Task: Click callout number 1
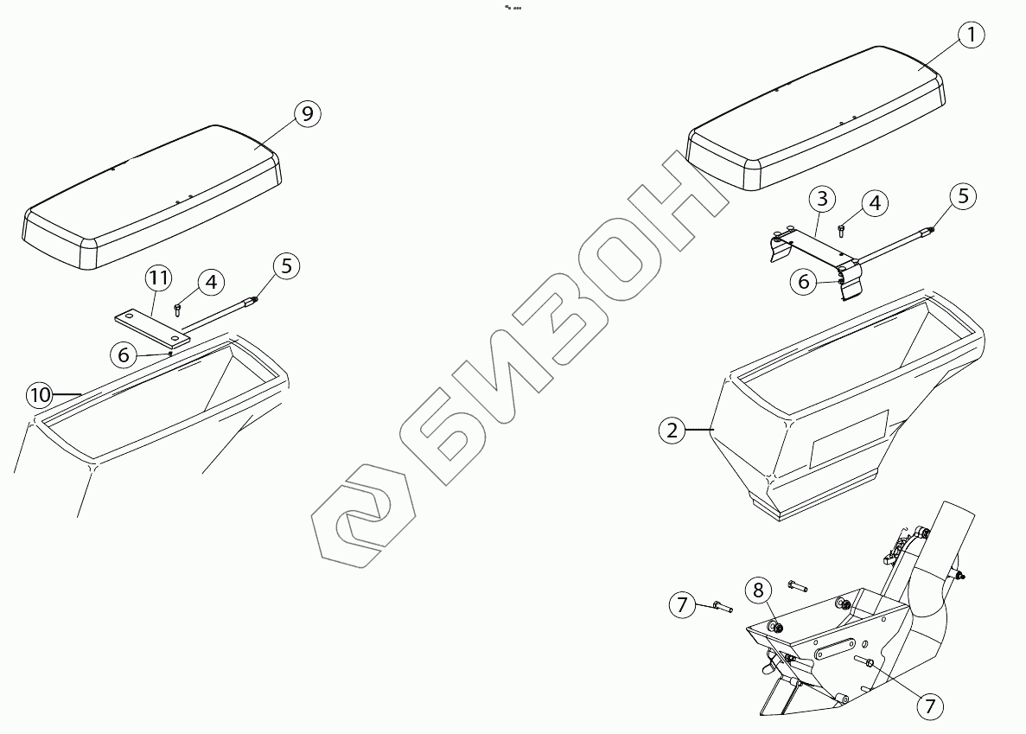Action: [971, 35]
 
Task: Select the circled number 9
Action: [307, 113]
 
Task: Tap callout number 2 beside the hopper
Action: [672, 430]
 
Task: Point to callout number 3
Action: [821, 199]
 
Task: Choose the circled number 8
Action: [758, 590]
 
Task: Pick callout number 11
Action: [157, 278]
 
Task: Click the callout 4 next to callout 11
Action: [210, 282]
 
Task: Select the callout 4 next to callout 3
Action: [874, 203]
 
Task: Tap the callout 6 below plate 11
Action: [124, 353]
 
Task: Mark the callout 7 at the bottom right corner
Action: [929, 706]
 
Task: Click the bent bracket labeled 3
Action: [813, 251]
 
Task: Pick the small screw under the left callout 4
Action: [178, 309]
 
